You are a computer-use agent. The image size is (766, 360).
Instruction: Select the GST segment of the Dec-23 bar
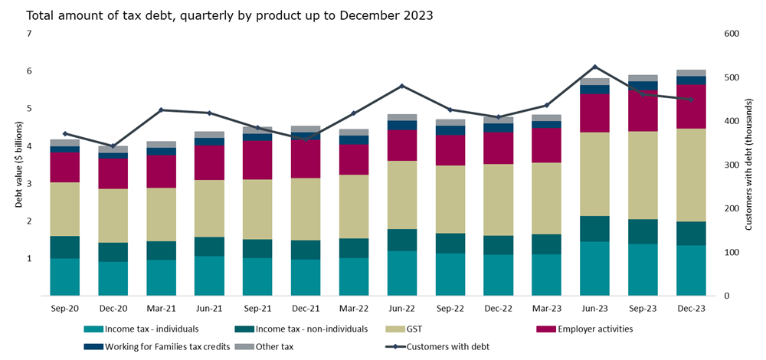pyautogui.click(x=691, y=175)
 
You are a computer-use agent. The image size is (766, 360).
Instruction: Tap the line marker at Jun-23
pyautogui.click(x=595, y=67)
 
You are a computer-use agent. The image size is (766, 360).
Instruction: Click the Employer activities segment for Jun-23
pyautogui.click(x=595, y=113)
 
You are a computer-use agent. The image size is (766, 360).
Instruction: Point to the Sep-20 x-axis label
pyautogui.click(x=64, y=308)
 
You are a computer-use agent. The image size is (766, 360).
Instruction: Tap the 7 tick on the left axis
pyautogui.click(x=28, y=34)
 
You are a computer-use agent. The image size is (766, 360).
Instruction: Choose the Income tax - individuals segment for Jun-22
pyautogui.click(x=402, y=273)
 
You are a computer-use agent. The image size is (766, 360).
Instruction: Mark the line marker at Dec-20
pyautogui.click(x=113, y=146)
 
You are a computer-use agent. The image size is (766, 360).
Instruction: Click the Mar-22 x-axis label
pyautogui.click(x=354, y=308)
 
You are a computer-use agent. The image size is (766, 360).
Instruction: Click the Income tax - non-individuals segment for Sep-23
pyautogui.click(x=643, y=231)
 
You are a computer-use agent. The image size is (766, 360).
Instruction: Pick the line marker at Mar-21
pyautogui.click(x=161, y=110)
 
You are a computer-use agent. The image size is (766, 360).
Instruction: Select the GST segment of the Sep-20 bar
pyautogui.click(x=64, y=209)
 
